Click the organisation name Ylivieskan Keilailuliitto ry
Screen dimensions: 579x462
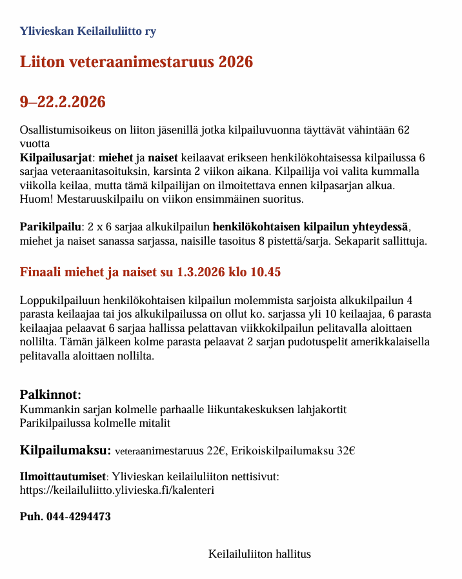[88, 31]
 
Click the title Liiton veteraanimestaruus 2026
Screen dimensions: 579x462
[136, 62]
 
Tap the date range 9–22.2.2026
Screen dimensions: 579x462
[63, 102]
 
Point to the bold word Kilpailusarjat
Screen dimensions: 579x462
[56, 158]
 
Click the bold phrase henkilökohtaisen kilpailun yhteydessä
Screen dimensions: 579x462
[311, 227]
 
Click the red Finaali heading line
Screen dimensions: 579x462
[150, 272]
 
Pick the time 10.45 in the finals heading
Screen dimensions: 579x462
[266, 272]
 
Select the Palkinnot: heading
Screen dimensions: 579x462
[50, 394]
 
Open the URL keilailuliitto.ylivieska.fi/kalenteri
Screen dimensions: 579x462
[117, 490]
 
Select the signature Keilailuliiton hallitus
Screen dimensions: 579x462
[259, 554]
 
